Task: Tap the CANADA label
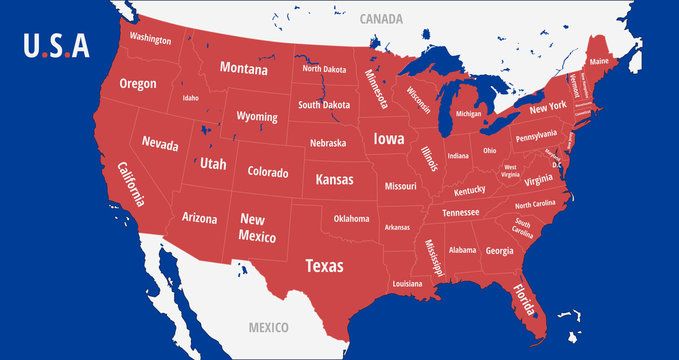(381, 18)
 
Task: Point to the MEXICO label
(268, 327)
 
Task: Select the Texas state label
(323, 266)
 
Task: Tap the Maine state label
(599, 61)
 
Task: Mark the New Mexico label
(251, 226)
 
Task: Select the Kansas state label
(334, 180)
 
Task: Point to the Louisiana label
(407, 284)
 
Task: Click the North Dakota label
(324, 69)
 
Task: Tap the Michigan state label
(468, 114)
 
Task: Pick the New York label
(548, 107)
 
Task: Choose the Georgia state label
(499, 251)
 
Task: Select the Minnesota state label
(377, 88)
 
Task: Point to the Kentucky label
(469, 190)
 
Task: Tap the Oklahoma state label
(351, 218)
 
